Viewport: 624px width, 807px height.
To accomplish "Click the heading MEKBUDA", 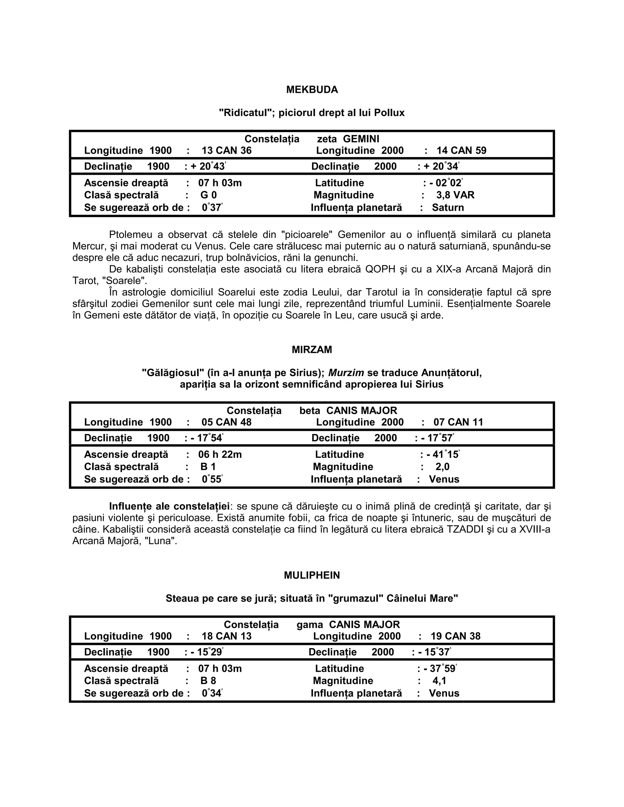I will (312, 90).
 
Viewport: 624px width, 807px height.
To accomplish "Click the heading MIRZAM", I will (312, 350).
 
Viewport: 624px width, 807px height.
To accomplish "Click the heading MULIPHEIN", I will (312, 575).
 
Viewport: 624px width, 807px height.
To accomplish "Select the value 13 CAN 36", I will (226, 151).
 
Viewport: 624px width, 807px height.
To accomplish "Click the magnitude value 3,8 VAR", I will (455, 195).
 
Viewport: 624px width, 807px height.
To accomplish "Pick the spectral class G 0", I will (208, 195).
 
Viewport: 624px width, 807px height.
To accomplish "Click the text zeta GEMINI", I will (348, 139).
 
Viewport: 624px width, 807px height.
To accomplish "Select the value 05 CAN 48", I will (226, 422).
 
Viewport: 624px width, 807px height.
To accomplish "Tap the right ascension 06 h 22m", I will (220, 454).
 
